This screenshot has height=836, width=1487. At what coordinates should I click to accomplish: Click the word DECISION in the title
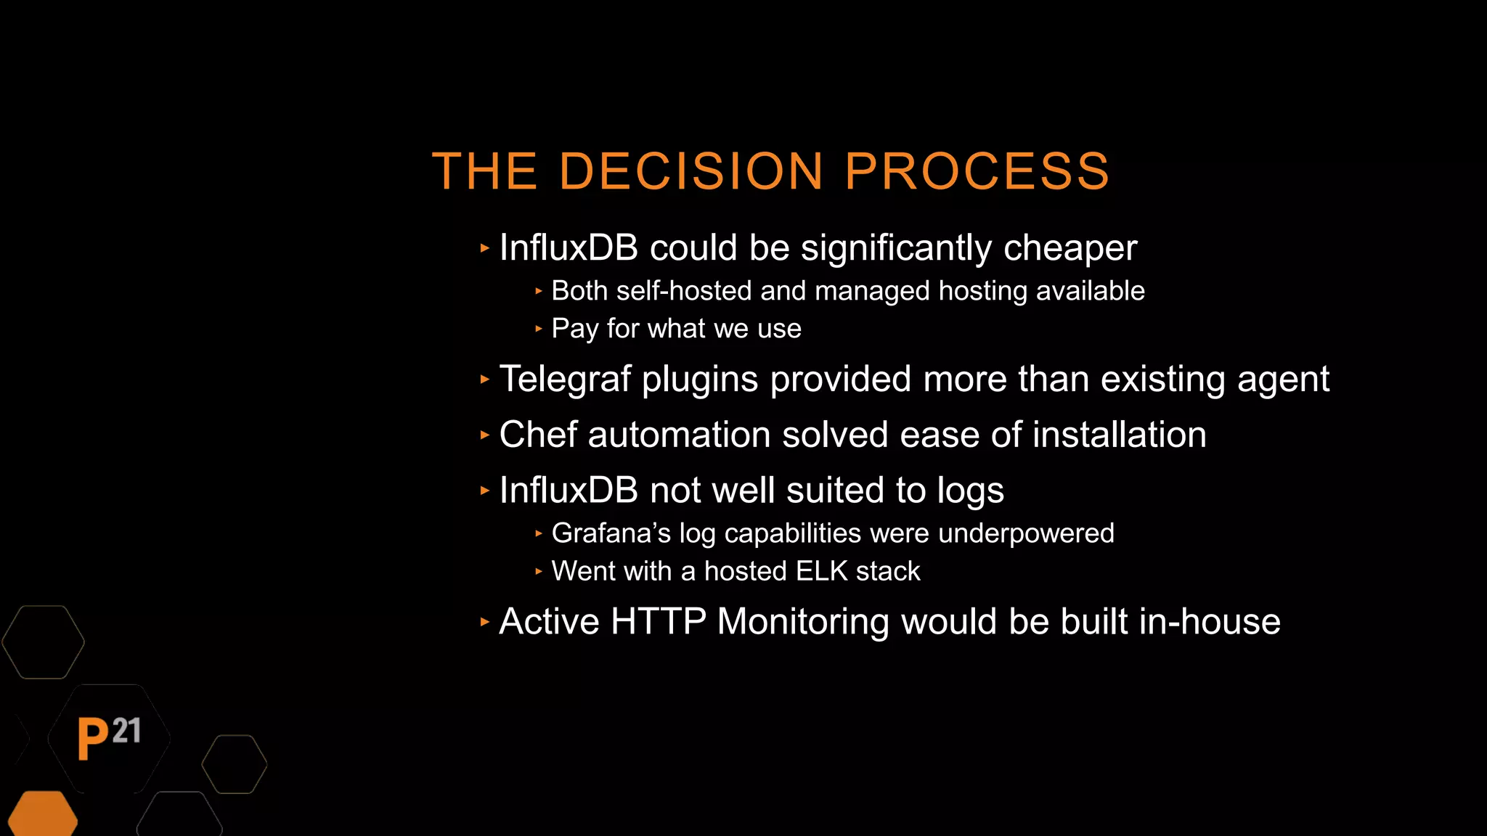[690, 172]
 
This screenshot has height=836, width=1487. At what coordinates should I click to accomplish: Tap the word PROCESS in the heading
[977, 172]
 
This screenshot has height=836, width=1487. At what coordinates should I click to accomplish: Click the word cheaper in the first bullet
[1070, 249]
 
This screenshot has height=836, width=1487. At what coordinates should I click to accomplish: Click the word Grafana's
[611, 533]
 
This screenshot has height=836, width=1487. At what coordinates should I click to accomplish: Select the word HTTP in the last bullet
[658, 622]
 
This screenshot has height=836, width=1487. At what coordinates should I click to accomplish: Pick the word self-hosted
[683, 291]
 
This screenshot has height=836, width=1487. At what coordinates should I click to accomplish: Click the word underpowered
[1025, 533]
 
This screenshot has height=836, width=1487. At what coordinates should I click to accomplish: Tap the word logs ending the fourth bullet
[970, 491]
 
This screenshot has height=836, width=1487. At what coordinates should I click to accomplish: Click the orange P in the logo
[92, 739]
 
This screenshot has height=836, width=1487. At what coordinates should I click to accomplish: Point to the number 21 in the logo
[127, 731]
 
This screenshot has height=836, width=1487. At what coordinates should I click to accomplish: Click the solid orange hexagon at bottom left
[43, 816]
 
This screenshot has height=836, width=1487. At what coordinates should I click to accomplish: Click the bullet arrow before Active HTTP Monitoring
[485, 622]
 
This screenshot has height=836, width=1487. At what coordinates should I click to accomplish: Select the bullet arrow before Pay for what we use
[539, 329]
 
